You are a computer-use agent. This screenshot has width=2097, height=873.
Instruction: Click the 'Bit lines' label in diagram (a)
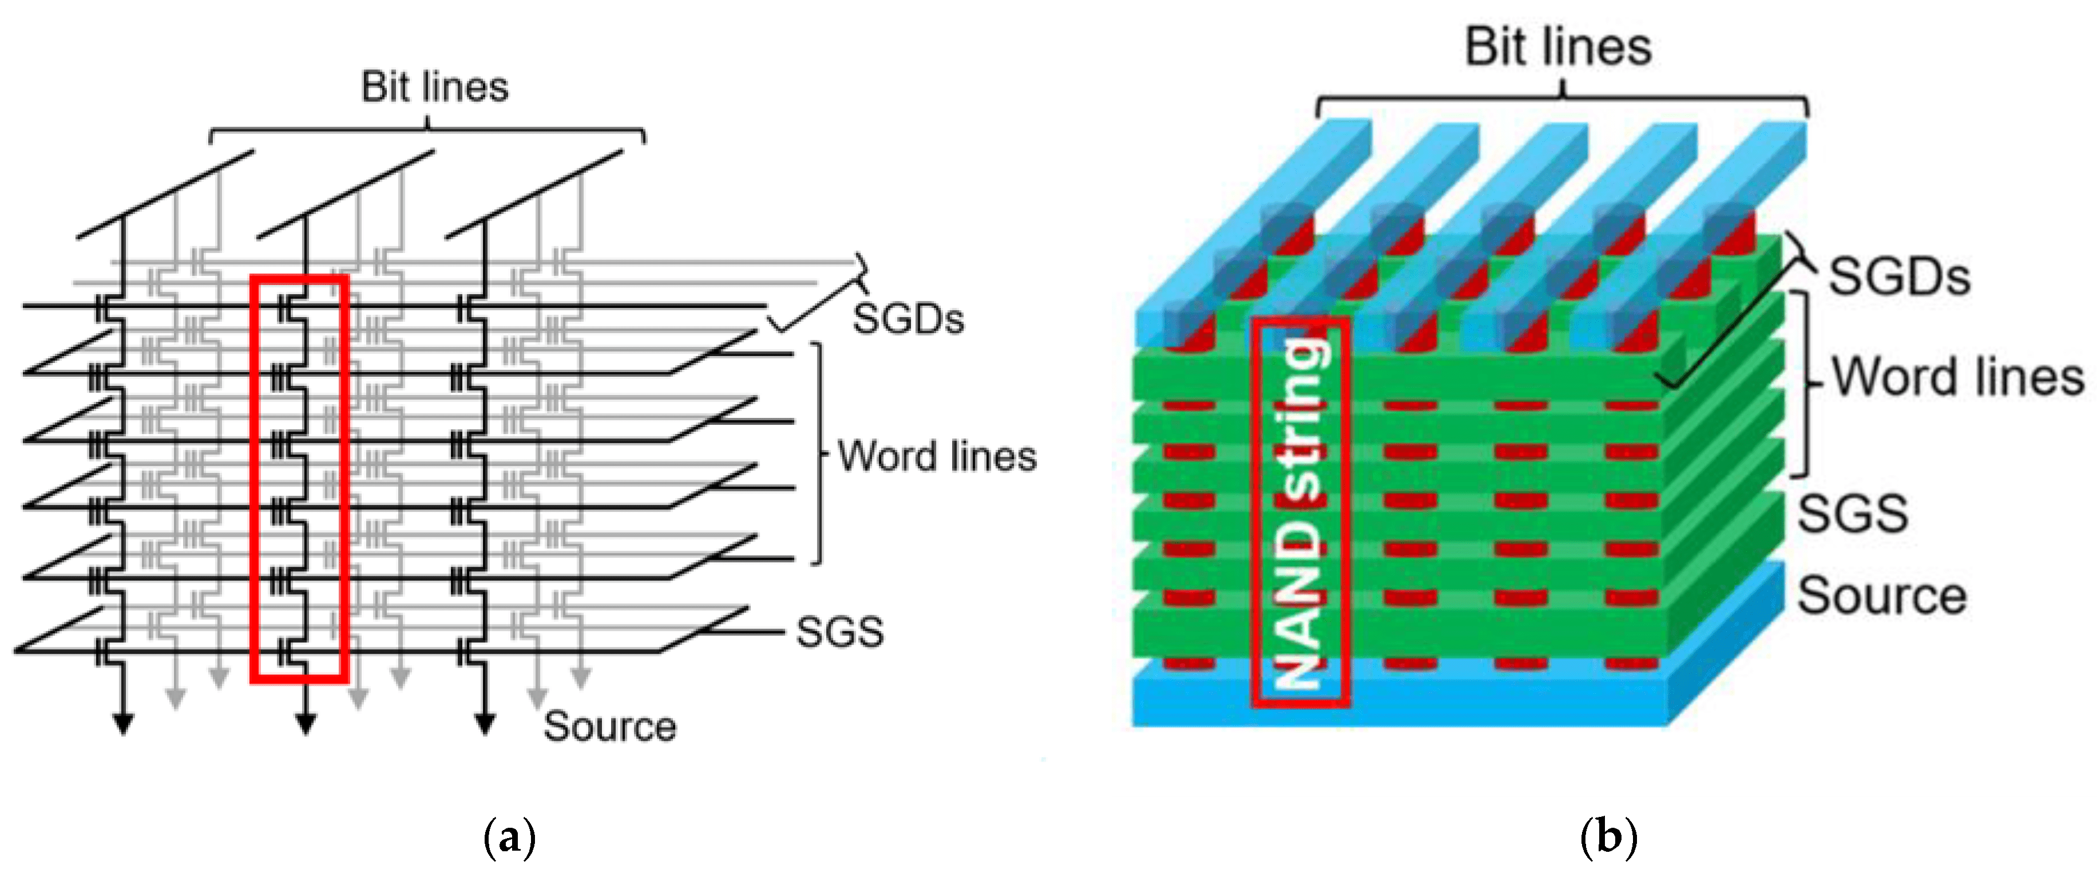tap(435, 86)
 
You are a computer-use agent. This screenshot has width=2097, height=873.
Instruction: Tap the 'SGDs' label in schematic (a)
tap(907, 318)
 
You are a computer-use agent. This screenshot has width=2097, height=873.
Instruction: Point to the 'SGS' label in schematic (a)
tap(839, 632)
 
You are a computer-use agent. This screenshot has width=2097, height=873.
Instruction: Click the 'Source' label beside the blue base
tap(1881, 595)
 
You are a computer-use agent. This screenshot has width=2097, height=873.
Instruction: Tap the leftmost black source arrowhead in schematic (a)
tap(123, 723)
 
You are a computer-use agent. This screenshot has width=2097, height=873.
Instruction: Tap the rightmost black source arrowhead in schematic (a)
tap(485, 723)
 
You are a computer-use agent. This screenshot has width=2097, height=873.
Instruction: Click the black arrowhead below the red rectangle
tap(306, 723)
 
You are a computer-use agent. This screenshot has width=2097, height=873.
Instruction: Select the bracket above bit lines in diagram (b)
tap(1561, 102)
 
